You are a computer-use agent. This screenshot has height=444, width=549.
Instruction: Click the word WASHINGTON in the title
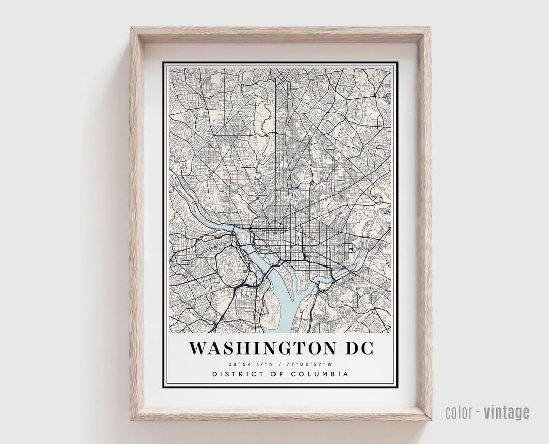coord(262,349)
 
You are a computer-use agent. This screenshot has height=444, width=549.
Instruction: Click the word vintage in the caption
coord(506,412)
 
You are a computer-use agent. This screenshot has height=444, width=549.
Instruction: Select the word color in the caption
coord(461,412)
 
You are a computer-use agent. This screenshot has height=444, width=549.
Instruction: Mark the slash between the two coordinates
coord(280,364)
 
